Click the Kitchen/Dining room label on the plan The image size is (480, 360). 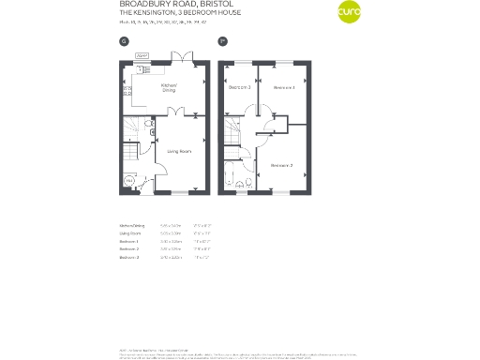point(169,89)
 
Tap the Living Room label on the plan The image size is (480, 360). point(179,151)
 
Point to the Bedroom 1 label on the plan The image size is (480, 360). point(284,88)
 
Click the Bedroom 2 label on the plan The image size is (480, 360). point(282,165)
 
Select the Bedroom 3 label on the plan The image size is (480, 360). point(238,88)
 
